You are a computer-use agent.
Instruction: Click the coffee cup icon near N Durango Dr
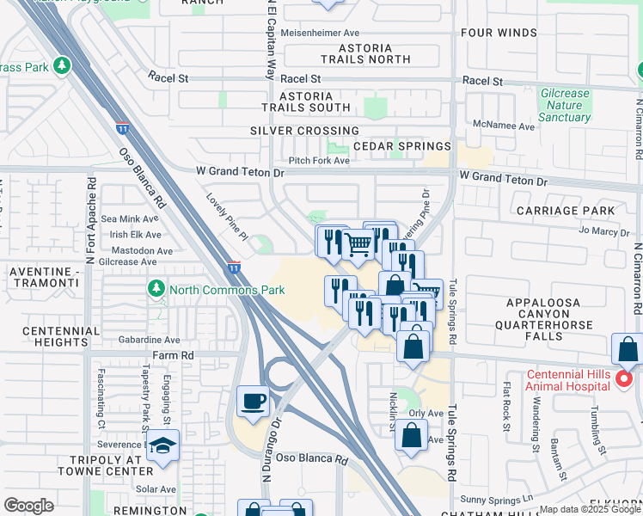[x=253, y=402]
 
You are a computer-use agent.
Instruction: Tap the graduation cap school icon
[x=162, y=446]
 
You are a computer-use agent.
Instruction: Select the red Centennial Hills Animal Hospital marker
[x=626, y=378]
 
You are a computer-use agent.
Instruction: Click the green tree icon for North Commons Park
[x=156, y=289]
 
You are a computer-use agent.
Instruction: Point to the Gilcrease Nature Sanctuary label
[x=565, y=105]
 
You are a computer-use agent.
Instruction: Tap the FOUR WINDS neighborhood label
[x=498, y=34]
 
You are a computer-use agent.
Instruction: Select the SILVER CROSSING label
[x=304, y=131]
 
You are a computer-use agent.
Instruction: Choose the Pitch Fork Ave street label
[x=319, y=161]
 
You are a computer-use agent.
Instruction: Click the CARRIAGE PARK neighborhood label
[x=566, y=211]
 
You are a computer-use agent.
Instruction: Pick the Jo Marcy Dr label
[x=604, y=231]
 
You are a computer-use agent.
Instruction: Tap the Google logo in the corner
[x=28, y=506]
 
